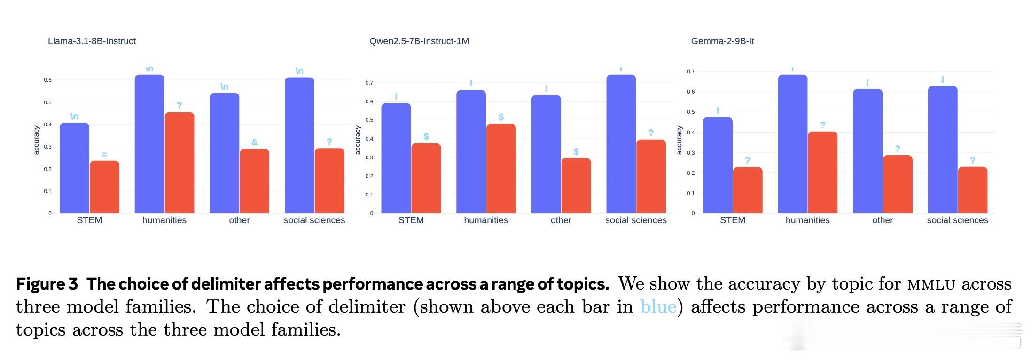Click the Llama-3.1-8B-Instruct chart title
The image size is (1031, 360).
pos(92,41)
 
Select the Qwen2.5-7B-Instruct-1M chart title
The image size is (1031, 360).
pos(419,41)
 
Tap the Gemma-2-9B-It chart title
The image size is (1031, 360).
pos(722,41)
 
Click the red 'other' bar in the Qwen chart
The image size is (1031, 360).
pos(576,186)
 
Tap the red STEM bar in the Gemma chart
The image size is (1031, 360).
pos(748,190)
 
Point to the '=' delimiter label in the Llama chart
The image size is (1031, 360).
pos(104,154)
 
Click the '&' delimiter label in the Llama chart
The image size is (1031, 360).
pos(254,142)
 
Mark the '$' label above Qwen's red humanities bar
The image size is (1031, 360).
pos(501,117)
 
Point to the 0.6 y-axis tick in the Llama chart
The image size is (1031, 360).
pos(47,80)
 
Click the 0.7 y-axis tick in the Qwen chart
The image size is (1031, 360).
pos(369,83)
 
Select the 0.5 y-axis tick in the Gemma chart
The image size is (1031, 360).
pos(691,112)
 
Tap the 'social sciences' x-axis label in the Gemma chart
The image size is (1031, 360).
pos(957,220)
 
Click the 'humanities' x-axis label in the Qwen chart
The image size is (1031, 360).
pos(486,220)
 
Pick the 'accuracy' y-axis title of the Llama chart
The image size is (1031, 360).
pos(37,140)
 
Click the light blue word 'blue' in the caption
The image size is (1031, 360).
pos(658,307)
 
